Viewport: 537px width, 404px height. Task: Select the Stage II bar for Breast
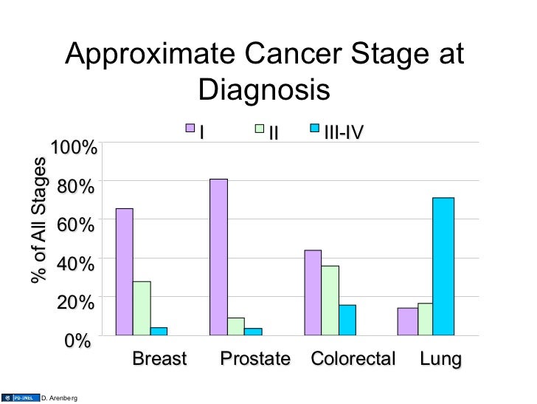(142, 308)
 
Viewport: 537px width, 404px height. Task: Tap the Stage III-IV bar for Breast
(159, 331)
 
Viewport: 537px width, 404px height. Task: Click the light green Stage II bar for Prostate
(236, 326)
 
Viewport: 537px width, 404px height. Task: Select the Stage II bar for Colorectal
(330, 300)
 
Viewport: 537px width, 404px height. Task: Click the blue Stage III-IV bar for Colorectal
(347, 320)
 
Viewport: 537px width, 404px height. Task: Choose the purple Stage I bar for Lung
(407, 321)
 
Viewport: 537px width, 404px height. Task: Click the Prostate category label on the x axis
(256, 360)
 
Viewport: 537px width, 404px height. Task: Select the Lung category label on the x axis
(440, 360)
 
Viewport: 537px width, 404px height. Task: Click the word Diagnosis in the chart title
(263, 90)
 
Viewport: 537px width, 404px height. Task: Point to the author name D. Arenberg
(59, 398)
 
